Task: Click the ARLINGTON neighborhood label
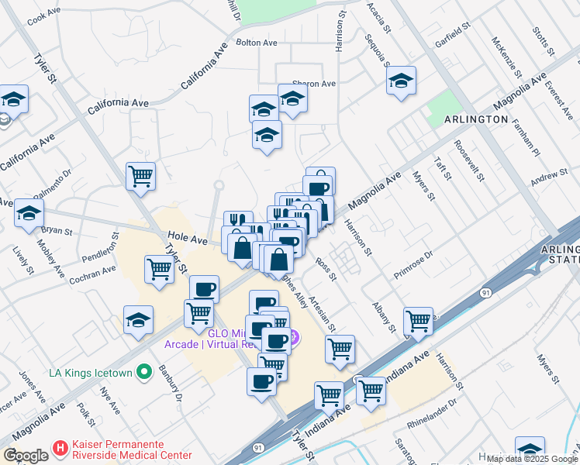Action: point(476,120)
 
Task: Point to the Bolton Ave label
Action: point(257,43)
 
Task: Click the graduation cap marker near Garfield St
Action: point(401,81)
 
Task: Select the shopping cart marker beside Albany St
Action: point(419,320)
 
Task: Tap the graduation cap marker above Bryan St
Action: point(29,213)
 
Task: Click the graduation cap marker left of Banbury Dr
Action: point(138,319)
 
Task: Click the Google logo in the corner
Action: point(25,456)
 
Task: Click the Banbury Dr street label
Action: point(171,384)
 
